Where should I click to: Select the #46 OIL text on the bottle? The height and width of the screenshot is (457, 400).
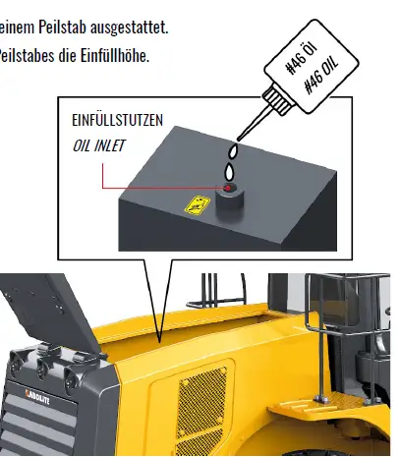tap(321, 74)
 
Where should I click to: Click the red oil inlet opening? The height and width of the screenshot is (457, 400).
tap(228, 187)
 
